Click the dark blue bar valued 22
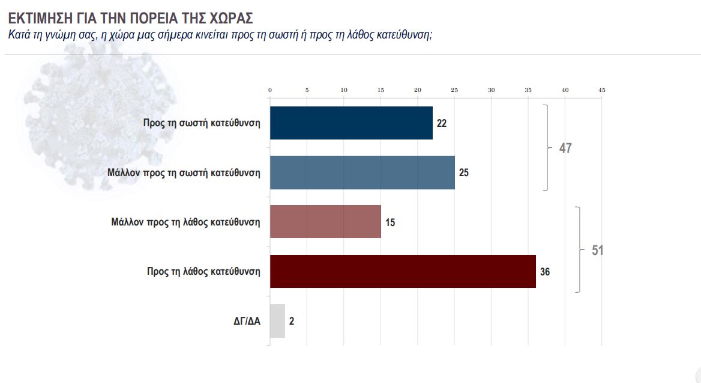351,123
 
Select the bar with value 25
362,173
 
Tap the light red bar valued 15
325,222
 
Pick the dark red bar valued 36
403,271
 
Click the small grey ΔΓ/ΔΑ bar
277,320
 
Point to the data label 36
545,272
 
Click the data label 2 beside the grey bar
292,321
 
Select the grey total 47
565,148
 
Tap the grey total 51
597,250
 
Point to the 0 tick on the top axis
270,90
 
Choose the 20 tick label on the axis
418,90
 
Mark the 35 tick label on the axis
528,90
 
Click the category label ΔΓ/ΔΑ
247,321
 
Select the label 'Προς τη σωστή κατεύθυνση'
202,123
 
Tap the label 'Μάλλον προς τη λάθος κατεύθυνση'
185,222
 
